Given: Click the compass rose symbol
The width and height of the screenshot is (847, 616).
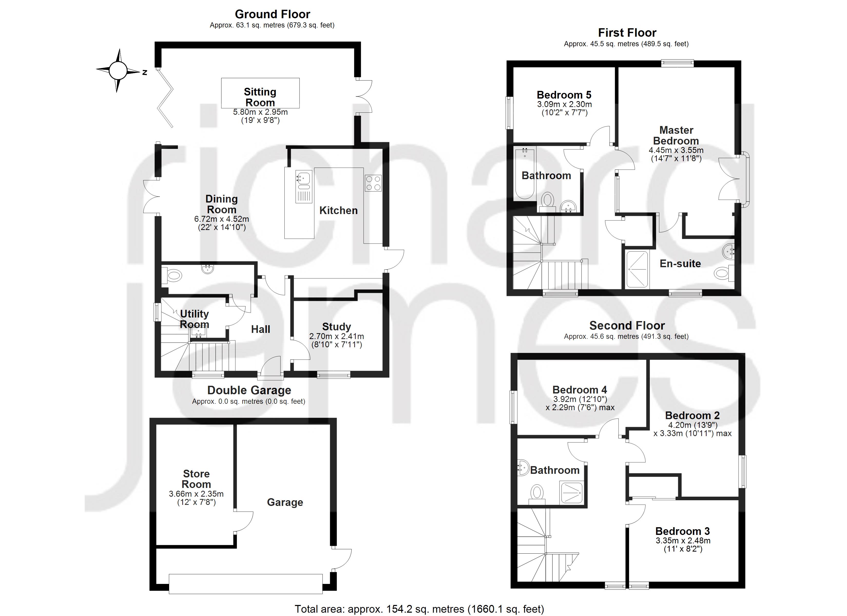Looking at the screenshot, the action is coord(118,70).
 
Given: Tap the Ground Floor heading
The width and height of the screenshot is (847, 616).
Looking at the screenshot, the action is coord(272,14).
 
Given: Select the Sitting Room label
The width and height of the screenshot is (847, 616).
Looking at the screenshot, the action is coord(260,97).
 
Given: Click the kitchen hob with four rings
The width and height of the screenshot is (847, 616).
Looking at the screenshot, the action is coord(373,183).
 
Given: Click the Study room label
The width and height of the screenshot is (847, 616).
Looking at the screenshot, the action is coord(336,326).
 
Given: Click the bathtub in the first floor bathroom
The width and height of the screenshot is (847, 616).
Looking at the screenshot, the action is coord(525,174).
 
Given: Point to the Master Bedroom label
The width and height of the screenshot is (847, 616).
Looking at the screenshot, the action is coord(676,135).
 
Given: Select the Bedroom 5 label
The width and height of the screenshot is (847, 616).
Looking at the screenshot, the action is coord(564,95).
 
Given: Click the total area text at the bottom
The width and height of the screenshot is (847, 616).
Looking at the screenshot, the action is coord(419,609).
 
